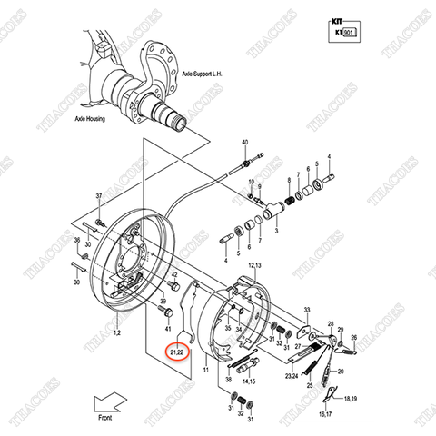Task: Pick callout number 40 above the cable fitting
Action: pyautogui.click(x=245, y=144)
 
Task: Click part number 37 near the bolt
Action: pyautogui.click(x=99, y=197)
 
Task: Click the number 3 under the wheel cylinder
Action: pyautogui.click(x=274, y=233)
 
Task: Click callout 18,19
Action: pyautogui.click(x=351, y=398)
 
